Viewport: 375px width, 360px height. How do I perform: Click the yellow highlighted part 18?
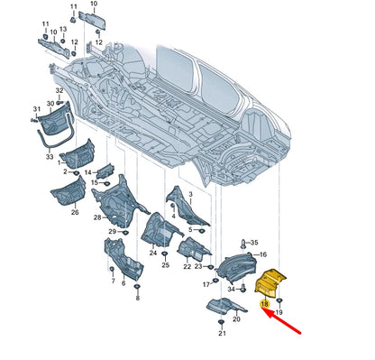pos(270,282)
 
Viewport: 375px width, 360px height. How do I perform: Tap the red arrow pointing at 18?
pos(283,321)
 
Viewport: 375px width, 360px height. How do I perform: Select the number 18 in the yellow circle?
pos(264,304)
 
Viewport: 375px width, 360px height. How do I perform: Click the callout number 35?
pos(254,243)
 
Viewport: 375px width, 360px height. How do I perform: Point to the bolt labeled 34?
pos(242,288)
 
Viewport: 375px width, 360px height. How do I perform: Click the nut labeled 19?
pos(279,300)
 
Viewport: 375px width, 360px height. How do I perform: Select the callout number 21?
pos(222,333)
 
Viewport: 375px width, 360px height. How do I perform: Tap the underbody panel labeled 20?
pos(226,306)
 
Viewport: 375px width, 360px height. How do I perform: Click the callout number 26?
pos(75,212)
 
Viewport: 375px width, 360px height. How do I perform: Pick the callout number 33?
pos(50,157)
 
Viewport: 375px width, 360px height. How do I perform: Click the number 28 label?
pos(97,217)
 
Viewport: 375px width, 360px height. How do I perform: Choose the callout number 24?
pos(153,253)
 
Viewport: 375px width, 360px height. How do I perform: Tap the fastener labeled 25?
pos(164,254)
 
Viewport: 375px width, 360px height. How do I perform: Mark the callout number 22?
pos(187,266)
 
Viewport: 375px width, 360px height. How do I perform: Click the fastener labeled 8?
pos(137,286)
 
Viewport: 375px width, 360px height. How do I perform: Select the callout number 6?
pos(123,283)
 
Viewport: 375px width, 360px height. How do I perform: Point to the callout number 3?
pos(190,195)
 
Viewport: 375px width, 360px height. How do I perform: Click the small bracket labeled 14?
pos(105,171)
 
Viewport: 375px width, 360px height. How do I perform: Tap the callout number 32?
pos(59,90)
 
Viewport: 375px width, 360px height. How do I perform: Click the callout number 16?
pos(263,254)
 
